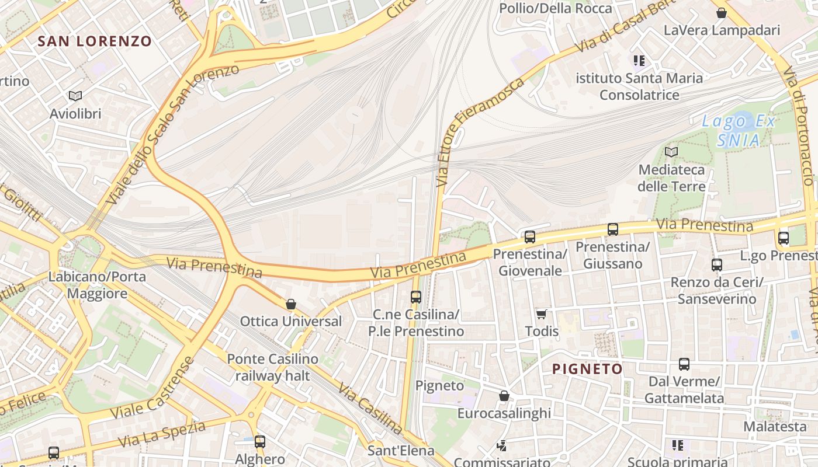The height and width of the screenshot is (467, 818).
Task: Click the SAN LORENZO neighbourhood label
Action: [95, 41]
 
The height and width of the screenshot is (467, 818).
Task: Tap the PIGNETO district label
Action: [587, 369]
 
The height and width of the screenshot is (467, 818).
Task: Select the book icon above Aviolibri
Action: [75, 96]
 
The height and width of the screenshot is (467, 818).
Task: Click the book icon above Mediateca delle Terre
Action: [671, 152]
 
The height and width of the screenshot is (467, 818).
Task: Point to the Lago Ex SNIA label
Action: [739, 131]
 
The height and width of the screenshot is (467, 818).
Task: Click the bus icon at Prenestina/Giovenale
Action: [530, 236]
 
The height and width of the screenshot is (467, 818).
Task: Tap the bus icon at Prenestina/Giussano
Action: [612, 229]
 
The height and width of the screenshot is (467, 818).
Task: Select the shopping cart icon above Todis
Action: [542, 314]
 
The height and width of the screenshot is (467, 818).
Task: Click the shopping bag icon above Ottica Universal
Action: [291, 304]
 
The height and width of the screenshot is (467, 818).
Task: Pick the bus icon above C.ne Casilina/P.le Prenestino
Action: [416, 297]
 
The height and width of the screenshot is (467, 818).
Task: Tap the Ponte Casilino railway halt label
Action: [272, 367]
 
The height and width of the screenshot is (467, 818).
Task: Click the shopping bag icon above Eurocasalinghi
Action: [504, 396]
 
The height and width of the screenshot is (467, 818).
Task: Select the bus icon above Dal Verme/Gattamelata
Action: [684, 364]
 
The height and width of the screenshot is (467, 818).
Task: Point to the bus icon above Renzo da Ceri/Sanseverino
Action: [717, 264]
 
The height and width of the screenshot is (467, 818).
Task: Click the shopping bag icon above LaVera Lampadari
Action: [722, 12]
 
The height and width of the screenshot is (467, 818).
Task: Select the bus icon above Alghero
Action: [260, 442]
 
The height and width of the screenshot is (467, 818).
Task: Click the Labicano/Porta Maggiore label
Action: [97, 285]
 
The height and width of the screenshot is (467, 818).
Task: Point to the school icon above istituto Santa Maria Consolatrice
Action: [639, 60]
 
